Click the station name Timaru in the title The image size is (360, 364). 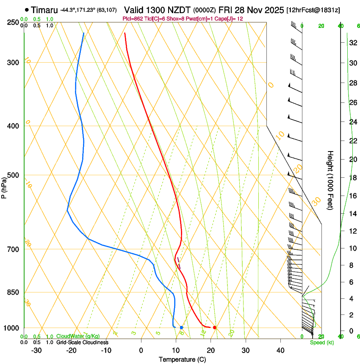tap(44, 9)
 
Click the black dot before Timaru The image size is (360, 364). tap(27, 9)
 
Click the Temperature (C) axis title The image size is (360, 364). tap(182, 359)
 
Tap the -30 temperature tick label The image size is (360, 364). tap(36, 350)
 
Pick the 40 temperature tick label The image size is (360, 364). tap(280, 350)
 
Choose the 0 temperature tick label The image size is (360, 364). tap(141, 350)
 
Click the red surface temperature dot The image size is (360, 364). tap(215, 328)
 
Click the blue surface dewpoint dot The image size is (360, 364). tap(181, 328)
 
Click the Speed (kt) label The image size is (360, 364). tap(321, 342)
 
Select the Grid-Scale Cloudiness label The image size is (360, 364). tap(81, 342)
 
